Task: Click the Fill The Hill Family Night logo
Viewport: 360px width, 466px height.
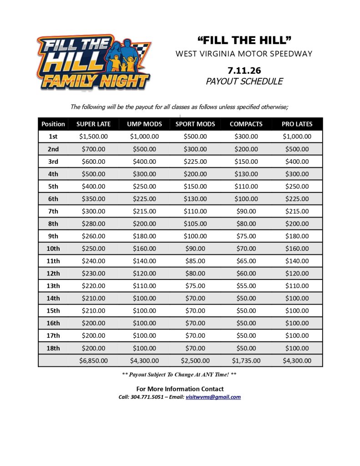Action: [x=94, y=62]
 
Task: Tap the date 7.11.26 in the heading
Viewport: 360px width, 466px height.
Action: [x=244, y=71]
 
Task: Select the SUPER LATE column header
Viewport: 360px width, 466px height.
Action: [x=93, y=124]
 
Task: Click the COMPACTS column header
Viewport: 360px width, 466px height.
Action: [x=246, y=124]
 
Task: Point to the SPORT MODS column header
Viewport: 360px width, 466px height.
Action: [x=195, y=124]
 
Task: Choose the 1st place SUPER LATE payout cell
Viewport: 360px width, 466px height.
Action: [x=93, y=136]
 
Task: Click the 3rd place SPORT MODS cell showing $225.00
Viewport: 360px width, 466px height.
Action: [x=195, y=161]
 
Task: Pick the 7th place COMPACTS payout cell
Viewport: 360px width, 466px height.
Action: [x=246, y=211]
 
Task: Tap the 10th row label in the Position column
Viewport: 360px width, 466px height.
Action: [x=53, y=248]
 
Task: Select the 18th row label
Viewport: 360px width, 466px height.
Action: [x=53, y=348]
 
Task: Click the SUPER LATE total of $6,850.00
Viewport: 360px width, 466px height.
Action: [x=93, y=361]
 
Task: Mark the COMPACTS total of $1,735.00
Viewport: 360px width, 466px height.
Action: [x=246, y=361]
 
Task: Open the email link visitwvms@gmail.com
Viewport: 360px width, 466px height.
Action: [x=213, y=397]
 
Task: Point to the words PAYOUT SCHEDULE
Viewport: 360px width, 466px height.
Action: [x=244, y=81]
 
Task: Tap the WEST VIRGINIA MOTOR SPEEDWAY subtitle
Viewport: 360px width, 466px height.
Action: [x=244, y=54]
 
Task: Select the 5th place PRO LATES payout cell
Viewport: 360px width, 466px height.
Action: [x=297, y=186]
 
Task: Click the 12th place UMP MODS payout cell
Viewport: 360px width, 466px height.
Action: [x=144, y=274]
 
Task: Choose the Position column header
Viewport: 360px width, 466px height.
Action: [x=53, y=124]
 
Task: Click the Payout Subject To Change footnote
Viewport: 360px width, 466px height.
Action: [x=180, y=375]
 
